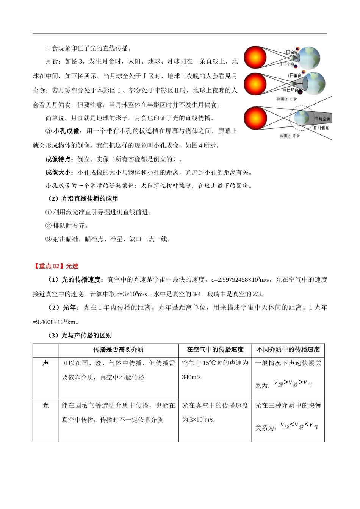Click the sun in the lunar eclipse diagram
pos(255,118)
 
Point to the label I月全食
pos(323,119)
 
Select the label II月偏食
pos(321,128)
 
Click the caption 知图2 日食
pos(287,99)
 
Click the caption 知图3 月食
pos(290,136)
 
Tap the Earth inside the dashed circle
pos(302,117)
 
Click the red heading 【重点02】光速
pos(56,266)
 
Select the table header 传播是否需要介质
pos(118,350)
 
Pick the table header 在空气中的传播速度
pos(215,350)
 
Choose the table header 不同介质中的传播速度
pos(288,350)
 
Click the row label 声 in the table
pos(45,363)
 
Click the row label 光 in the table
pos(45,406)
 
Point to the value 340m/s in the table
pos(191,377)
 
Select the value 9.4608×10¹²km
pos(56,322)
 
